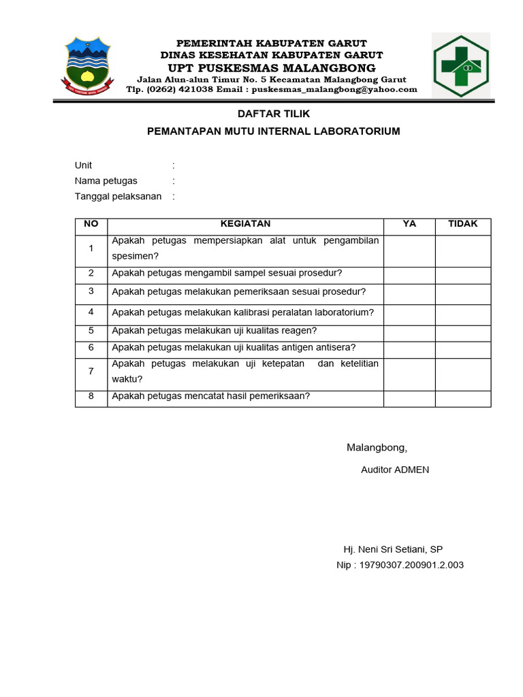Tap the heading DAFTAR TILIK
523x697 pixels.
click(x=273, y=114)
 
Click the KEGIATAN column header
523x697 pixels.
click(x=245, y=224)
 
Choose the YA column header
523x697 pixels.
click(x=409, y=224)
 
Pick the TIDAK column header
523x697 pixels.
click(x=463, y=224)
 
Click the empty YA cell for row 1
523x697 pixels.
click(x=409, y=250)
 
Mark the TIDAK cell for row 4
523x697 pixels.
click(x=463, y=314)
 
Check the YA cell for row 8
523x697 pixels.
click(x=409, y=398)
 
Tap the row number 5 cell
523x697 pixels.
click(x=91, y=331)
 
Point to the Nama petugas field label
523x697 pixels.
click(x=106, y=181)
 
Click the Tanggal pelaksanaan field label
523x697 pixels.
click(x=118, y=197)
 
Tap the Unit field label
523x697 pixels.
click(x=83, y=165)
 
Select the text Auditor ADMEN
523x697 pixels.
click(x=395, y=470)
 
